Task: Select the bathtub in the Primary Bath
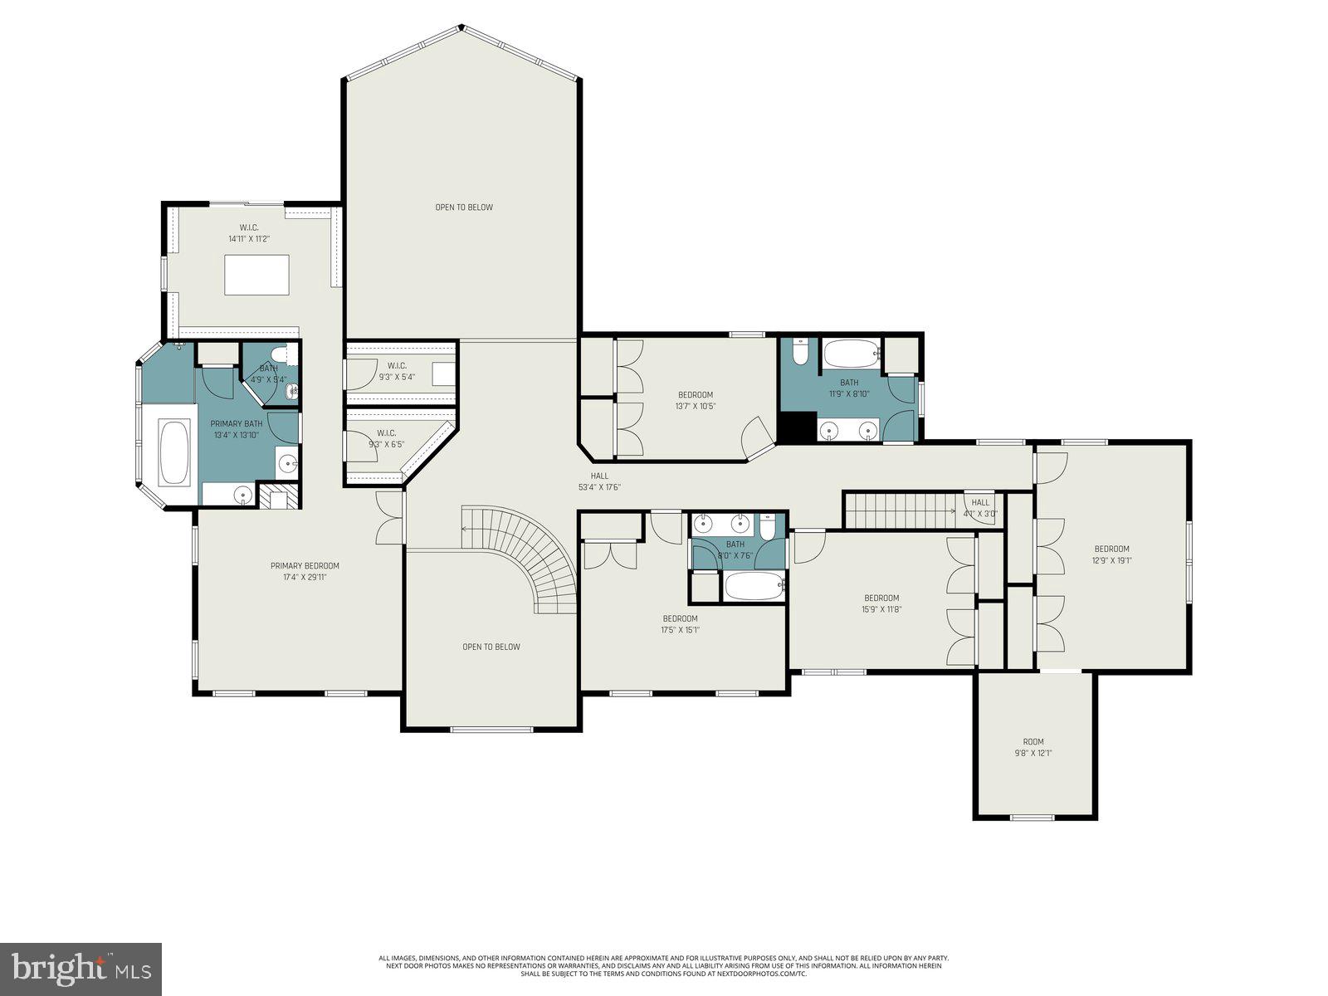click(x=174, y=453)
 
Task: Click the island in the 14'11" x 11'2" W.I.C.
click(x=257, y=274)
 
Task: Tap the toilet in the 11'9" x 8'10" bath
click(x=799, y=352)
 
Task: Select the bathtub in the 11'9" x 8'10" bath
click(x=851, y=355)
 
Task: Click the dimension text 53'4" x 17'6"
click(x=600, y=487)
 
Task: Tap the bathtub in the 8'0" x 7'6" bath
click(x=754, y=587)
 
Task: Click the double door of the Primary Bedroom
click(x=388, y=519)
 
